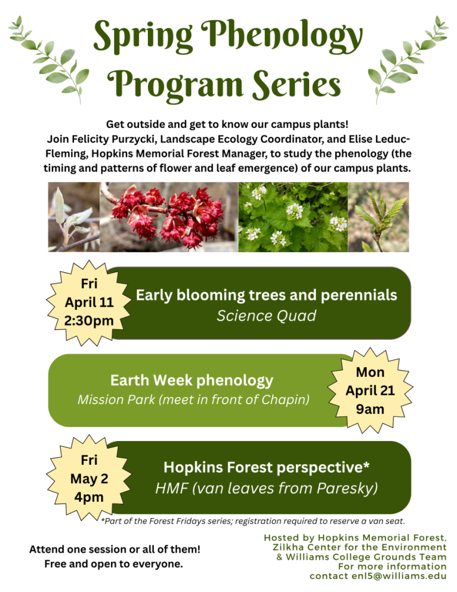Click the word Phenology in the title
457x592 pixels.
point(281,36)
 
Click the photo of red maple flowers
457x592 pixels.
point(169,217)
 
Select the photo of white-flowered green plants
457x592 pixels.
point(293,217)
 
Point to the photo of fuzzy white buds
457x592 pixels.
point(74,217)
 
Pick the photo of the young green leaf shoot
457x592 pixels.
point(378,217)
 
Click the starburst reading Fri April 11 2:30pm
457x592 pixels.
point(89,303)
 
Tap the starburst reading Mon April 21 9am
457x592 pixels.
point(370,390)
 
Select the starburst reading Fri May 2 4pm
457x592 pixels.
point(89,478)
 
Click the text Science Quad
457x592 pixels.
point(266,316)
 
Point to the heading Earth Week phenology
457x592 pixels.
point(192,380)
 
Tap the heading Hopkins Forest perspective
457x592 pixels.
point(266,467)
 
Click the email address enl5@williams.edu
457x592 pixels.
point(399,576)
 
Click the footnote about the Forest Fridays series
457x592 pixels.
point(253,521)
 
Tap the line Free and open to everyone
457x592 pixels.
point(114,564)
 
